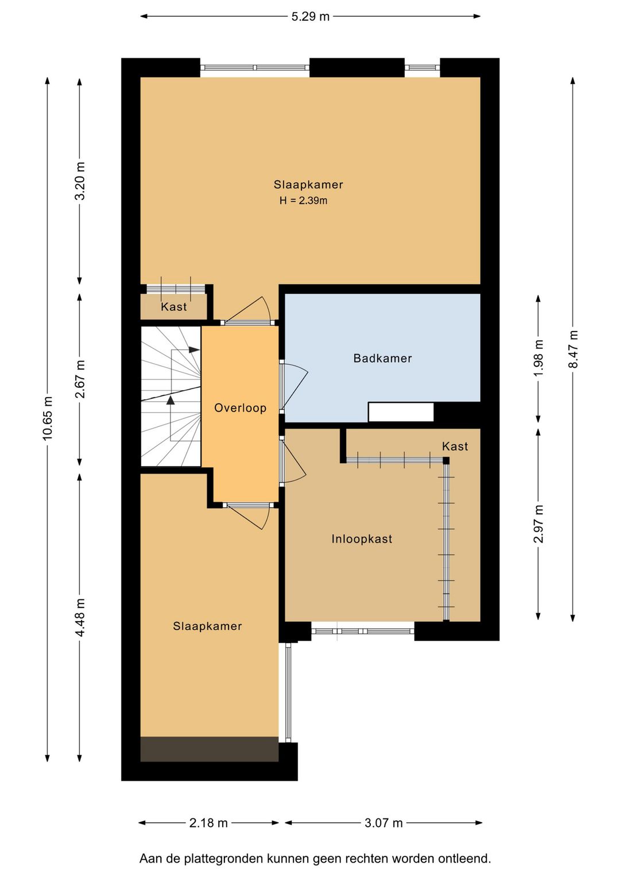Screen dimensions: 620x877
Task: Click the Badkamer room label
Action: pyautogui.click(x=382, y=358)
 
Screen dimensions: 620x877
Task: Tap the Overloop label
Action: pyautogui.click(x=240, y=408)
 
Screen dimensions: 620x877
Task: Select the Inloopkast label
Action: pyautogui.click(x=362, y=539)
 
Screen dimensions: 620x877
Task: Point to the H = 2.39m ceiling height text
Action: pyautogui.click(x=303, y=201)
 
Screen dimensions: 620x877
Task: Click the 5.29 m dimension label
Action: pyautogui.click(x=310, y=17)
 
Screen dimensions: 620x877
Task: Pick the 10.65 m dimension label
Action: pyautogui.click(x=48, y=418)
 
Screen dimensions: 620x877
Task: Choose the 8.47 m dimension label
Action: pyautogui.click(x=573, y=349)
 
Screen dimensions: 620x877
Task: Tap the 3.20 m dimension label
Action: pyautogui.click(x=80, y=181)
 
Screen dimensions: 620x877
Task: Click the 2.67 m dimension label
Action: pyautogui.click(x=80, y=379)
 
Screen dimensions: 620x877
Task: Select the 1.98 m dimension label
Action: pyautogui.click(x=538, y=357)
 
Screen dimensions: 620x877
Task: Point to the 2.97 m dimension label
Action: pyautogui.click(x=538, y=524)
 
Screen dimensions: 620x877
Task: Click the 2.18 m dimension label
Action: pyautogui.click(x=208, y=823)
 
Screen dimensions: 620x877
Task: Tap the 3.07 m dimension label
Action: pyautogui.click(x=383, y=823)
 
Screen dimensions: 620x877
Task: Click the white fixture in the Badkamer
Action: pyautogui.click(x=401, y=412)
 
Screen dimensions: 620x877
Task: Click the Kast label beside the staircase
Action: pyautogui.click(x=174, y=306)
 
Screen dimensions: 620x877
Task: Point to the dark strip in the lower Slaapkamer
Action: pyautogui.click(x=210, y=749)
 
